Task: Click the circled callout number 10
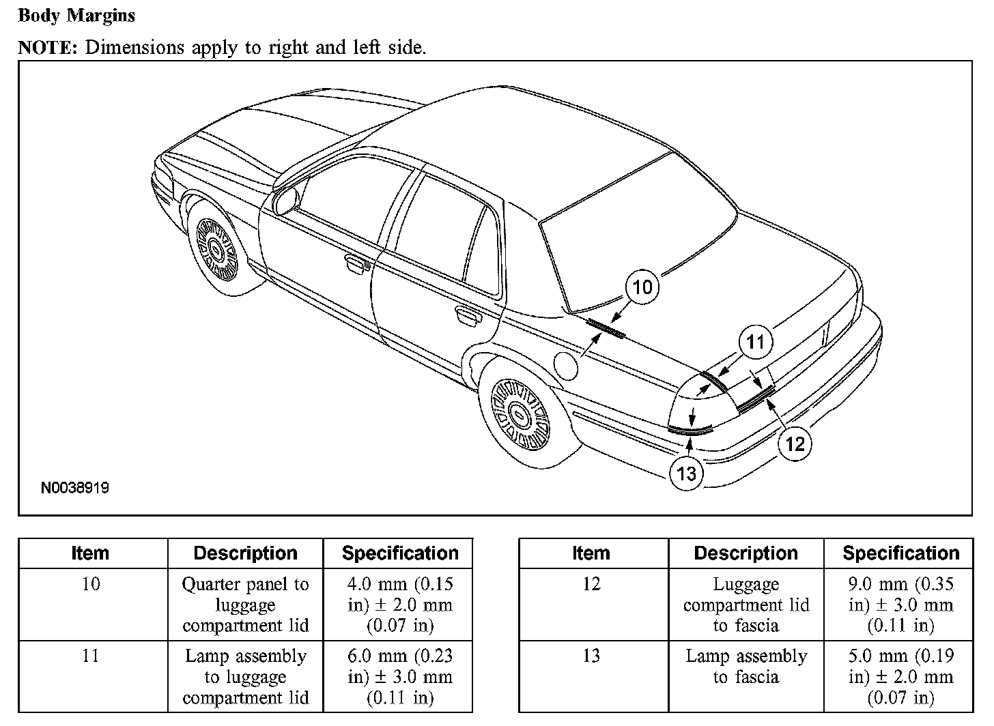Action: [642, 287]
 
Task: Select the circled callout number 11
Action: [755, 341]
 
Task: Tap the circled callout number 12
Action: [795, 444]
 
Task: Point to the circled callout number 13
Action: [686, 473]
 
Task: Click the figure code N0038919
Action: [75, 488]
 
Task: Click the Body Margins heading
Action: [76, 16]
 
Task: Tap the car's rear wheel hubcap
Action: [521, 413]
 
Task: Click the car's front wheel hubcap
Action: [217, 250]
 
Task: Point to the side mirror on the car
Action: [285, 200]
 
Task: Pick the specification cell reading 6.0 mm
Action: [400, 677]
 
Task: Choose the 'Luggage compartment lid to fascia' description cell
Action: [745, 605]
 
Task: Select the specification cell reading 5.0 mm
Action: [900, 677]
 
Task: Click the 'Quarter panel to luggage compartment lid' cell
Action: [246, 605]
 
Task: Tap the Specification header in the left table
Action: [400, 553]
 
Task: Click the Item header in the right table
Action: [591, 553]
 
